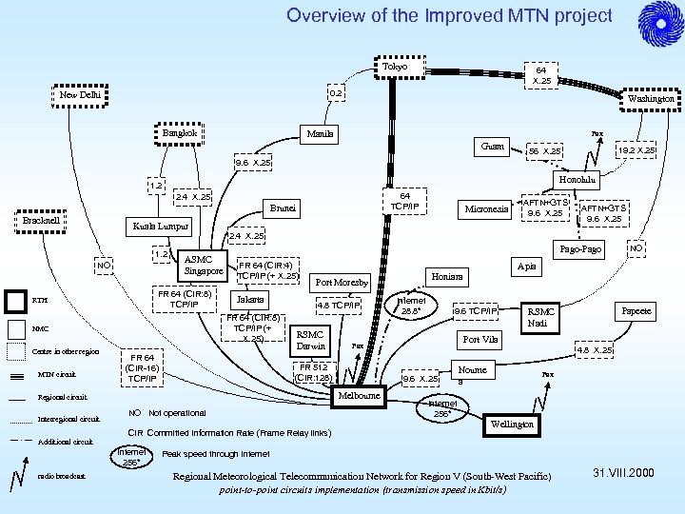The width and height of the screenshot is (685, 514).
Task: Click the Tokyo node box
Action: click(x=396, y=68)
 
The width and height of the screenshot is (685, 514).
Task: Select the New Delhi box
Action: click(x=80, y=95)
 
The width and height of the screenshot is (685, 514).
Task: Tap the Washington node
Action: click(x=651, y=98)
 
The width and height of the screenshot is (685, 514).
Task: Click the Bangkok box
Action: click(x=180, y=134)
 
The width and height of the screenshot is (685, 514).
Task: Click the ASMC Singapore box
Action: click(x=205, y=266)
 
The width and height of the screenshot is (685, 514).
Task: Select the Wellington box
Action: click(x=511, y=424)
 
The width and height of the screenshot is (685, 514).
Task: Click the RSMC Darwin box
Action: click(x=311, y=341)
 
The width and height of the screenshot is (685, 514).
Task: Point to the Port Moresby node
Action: click(x=342, y=283)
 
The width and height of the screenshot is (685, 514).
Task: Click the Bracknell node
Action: click(x=42, y=221)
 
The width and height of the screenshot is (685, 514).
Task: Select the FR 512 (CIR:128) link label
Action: click(x=314, y=372)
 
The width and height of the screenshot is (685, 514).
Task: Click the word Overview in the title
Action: click(x=323, y=16)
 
